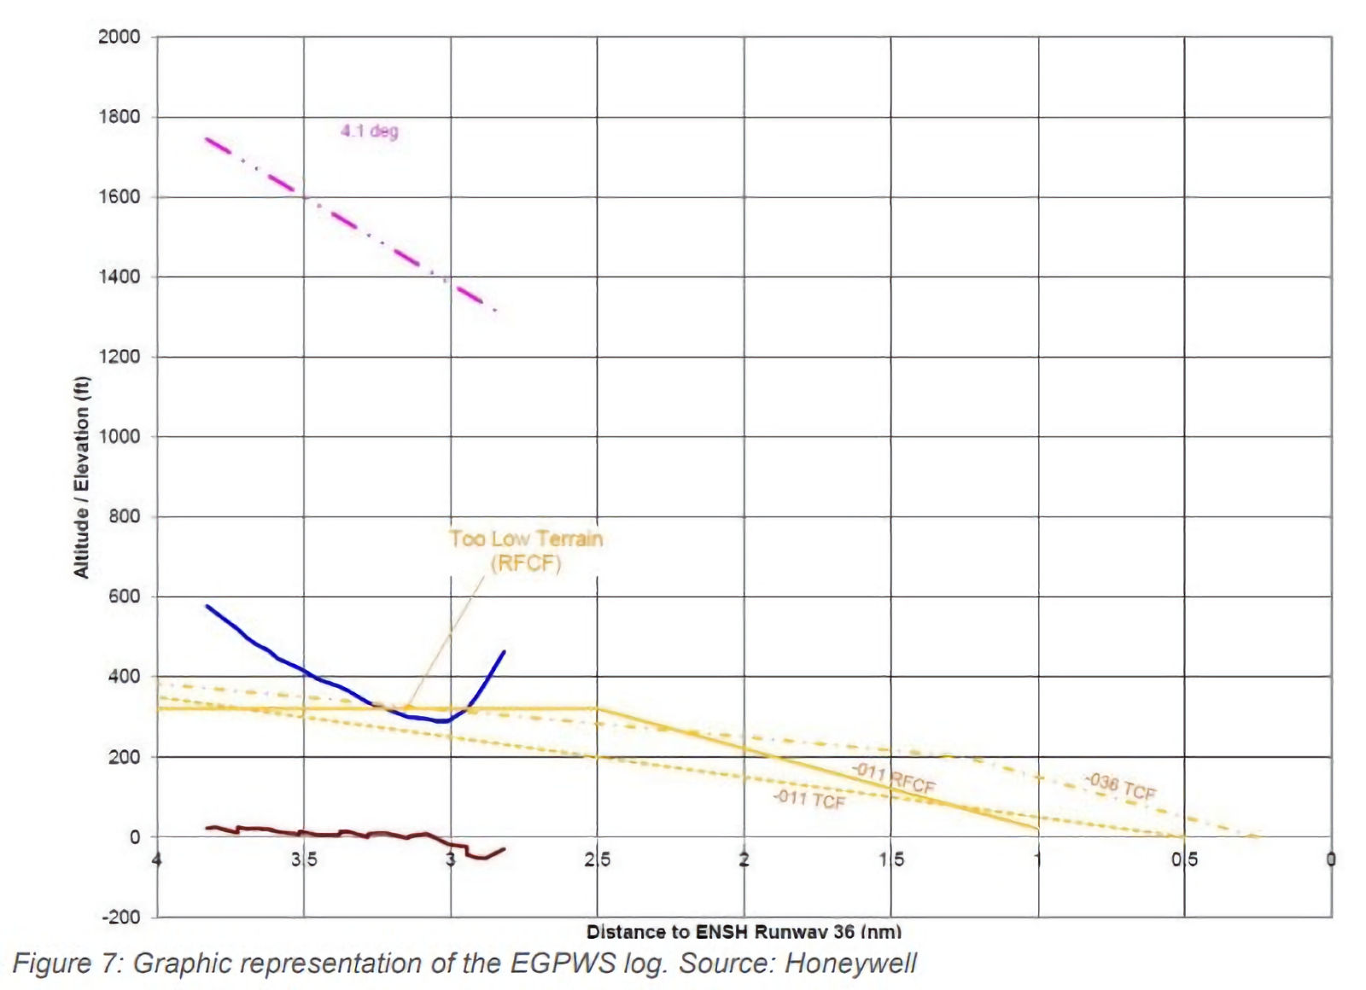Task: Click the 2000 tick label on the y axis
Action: pyautogui.click(x=119, y=37)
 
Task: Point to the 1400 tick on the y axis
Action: pyautogui.click(x=119, y=277)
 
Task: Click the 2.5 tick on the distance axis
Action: pyautogui.click(x=598, y=859)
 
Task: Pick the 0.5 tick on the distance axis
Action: pyautogui.click(x=1184, y=859)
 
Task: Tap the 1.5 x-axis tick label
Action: pyautogui.click(x=891, y=859)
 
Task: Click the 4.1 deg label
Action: pyautogui.click(x=370, y=131)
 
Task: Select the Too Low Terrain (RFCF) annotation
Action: pyautogui.click(x=526, y=550)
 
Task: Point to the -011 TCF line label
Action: pyautogui.click(x=809, y=800)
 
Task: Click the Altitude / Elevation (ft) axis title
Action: pyautogui.click(x=82, y=477)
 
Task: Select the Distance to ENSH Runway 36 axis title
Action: pyautogui.click(x=744, y=931)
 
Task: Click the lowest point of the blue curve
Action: pyautogui.click(x=443, y=722)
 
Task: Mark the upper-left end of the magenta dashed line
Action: pyautogui.click(x=207, y=138)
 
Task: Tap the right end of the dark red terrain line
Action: pyautogui.click(x=504, y=849)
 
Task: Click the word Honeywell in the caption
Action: pyautogui.click(x=850, y=964)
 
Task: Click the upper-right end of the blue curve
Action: pyautogui.click(x=504, y=652)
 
